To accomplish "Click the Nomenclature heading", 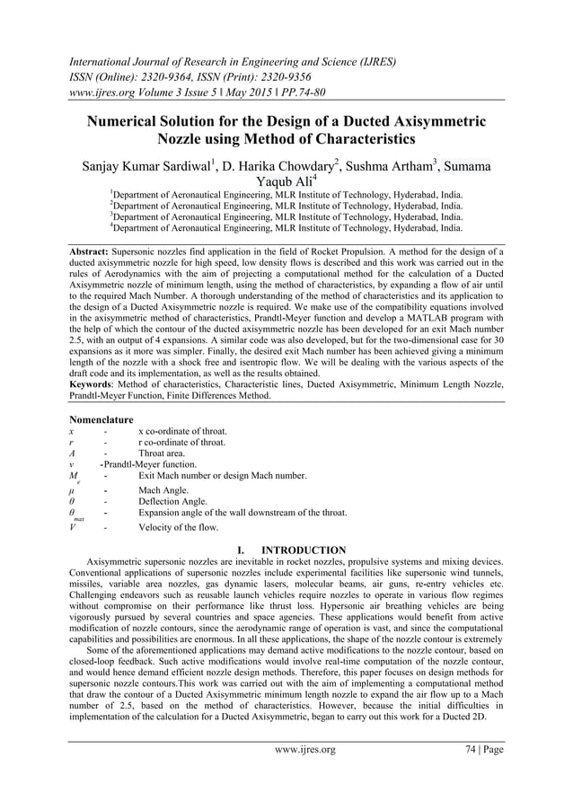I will (101, 419).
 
